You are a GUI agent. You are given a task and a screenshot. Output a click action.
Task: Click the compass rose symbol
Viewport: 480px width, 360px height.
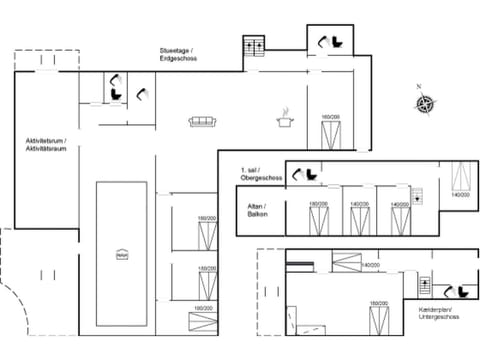point(425,103)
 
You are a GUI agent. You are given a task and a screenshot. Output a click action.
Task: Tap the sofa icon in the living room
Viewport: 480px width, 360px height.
point(204,122)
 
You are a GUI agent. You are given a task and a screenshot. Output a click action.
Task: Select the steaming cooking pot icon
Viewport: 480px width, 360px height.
point(286,119)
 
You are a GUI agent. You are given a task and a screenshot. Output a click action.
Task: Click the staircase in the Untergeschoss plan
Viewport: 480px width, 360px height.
point(424,285)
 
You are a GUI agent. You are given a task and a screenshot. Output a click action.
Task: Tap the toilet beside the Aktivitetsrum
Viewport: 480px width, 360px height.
point(117,90)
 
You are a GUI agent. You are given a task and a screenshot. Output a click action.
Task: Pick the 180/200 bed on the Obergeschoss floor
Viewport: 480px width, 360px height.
point(319,222)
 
